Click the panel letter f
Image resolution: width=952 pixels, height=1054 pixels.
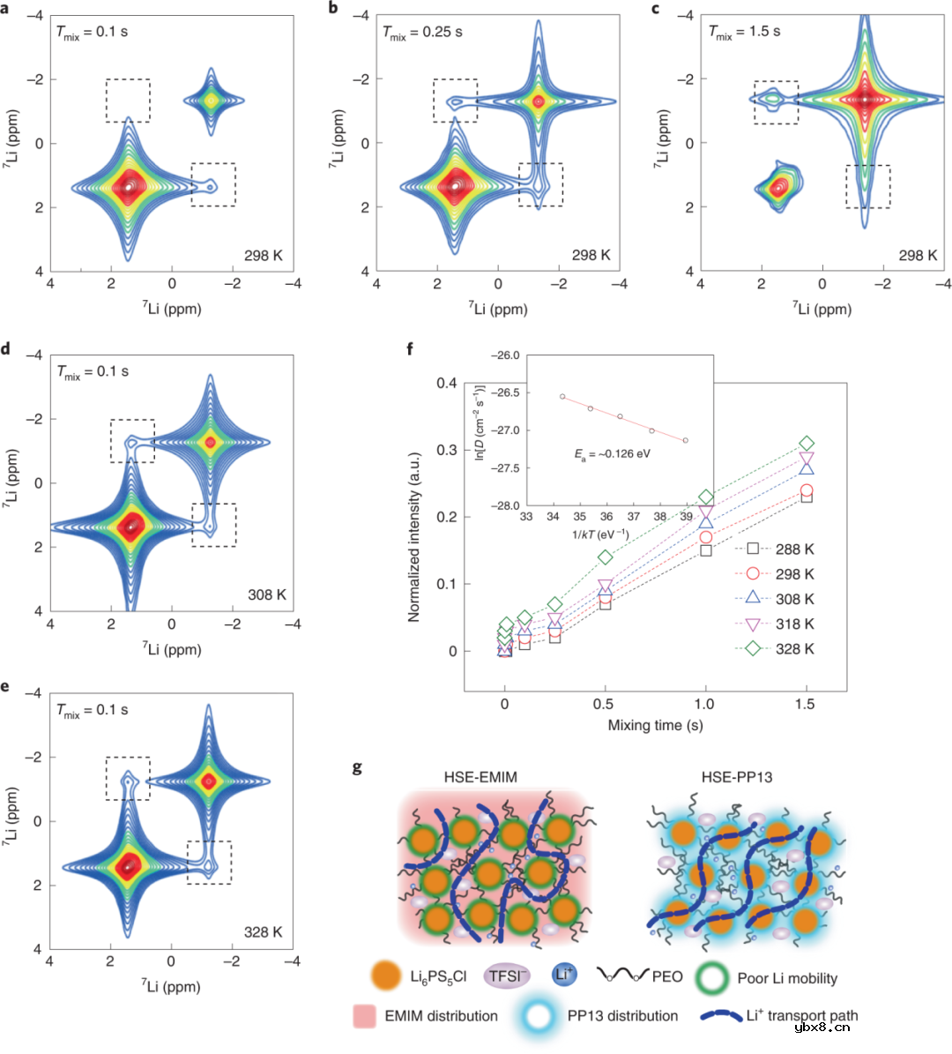click(410, 348)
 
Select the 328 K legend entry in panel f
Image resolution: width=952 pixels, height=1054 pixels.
click(776, 649)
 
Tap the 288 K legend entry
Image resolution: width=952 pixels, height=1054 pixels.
click(776, 549)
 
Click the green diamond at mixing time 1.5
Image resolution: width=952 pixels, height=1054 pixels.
click(806, 444)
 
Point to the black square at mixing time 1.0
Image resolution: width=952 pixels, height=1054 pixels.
click(706, 550)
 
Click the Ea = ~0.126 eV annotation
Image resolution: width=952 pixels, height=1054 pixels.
click(612, 453)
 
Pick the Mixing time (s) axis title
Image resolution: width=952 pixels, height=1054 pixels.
click(655, 725)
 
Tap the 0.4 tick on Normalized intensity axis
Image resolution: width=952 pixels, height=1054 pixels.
click(447, 384)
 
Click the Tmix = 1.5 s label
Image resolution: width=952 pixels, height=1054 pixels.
click(744, 33)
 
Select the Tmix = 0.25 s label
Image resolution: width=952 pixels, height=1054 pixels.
click(421, 33)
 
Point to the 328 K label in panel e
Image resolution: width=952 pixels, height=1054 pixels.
click(263, 932)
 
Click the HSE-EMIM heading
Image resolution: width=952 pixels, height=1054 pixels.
click(480, 777)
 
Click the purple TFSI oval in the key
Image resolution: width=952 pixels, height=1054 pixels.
click(507, 976)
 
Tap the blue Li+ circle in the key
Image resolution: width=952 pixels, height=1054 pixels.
click(564, 975)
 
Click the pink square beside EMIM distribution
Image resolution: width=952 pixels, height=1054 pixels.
click(364, 1016)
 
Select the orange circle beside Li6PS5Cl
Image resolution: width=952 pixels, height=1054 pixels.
click(386, 976)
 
